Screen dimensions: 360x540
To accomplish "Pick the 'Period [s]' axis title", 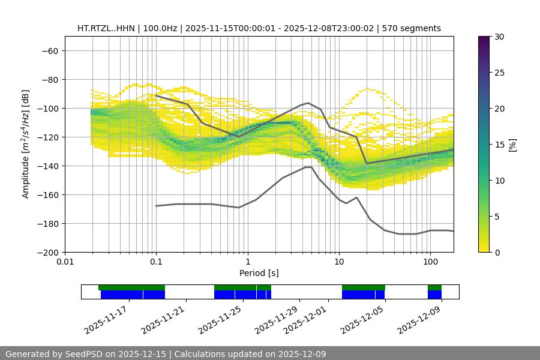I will click(259, 273).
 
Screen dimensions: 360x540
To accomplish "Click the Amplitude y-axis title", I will click(26, 144).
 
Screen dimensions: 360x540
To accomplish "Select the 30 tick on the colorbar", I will click(499, 37).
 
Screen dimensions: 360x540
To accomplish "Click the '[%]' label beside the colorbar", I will click(512, 145).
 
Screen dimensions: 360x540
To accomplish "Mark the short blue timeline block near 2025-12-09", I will click(434, 295).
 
